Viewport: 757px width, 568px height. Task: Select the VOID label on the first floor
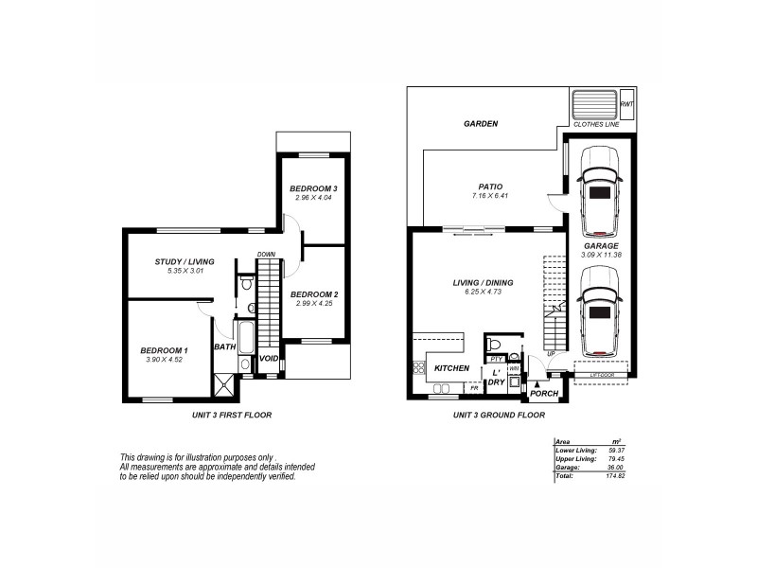click(269, 359)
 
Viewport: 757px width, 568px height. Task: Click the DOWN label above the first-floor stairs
click(267, 254)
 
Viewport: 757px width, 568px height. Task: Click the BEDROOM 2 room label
click(315, 294)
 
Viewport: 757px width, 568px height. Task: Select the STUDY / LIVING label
click(185, 261)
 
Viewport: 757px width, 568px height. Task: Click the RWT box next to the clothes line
click(626, 104)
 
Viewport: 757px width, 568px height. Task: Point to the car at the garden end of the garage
click(599, 201)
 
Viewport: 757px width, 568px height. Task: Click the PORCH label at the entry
click(543, 394)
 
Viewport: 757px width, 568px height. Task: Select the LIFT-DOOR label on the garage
click(601, 375)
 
